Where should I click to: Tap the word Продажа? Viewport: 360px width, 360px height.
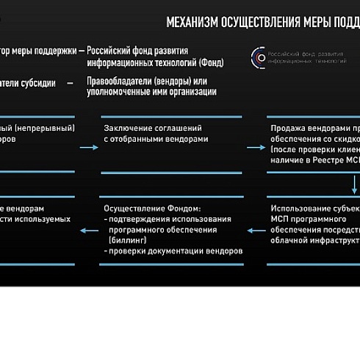(x=288, y=128)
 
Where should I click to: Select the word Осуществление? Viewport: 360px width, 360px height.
(x=134, y=208)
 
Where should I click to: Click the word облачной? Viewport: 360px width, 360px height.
(x=288, y=240)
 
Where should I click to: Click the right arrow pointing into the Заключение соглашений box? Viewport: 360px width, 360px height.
(x=89, y=148)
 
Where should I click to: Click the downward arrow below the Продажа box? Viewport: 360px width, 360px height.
(x=353, y=182)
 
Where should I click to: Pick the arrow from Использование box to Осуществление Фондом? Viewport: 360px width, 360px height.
(x=255, y=231)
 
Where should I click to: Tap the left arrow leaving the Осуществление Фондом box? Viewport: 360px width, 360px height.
(x=89, y=231)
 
